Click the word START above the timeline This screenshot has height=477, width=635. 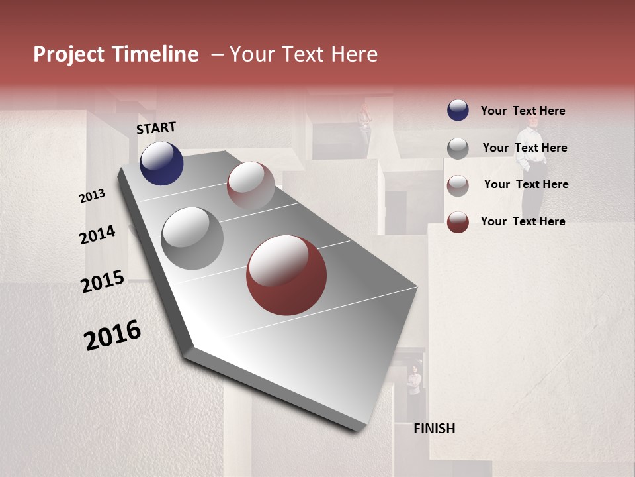point(156,128)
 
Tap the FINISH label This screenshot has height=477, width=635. point(435,429)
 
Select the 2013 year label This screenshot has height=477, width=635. point(93,196)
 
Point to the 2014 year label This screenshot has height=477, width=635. point(98,235)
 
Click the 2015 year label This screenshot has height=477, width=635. point(103,282)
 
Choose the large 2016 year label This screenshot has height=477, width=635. point(112,335)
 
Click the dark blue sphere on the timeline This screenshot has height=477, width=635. point(161,163)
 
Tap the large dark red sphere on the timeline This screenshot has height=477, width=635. point(286,275)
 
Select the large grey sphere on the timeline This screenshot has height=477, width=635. point(192,238)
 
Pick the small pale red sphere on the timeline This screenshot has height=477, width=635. point(251,185)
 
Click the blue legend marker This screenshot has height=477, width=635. point(458,110)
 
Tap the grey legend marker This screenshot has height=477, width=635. point(458,148)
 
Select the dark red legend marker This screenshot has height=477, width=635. point(458,222)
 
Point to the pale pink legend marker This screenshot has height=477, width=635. point(458,185)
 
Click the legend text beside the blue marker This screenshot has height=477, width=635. point(523,111)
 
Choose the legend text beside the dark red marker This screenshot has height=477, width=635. point(523,221)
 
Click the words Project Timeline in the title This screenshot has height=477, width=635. point(116,54)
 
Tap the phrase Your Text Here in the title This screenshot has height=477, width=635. point(303,54)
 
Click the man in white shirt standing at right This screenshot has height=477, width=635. point(532,166)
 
